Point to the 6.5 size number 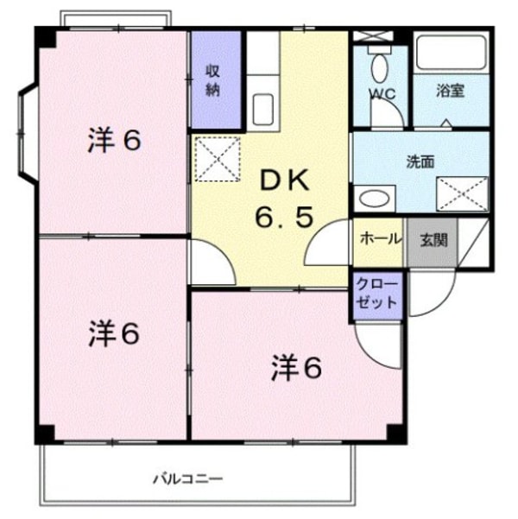click(283, 218)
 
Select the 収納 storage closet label click(213, 80)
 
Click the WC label click(382, 93)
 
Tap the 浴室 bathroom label click(450, 91)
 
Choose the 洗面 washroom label click(420, 161)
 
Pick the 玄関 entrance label click(433, 239)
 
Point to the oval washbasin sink click(374, 199)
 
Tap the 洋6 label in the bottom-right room click(296, 368)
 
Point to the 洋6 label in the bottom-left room click(113, 333)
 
